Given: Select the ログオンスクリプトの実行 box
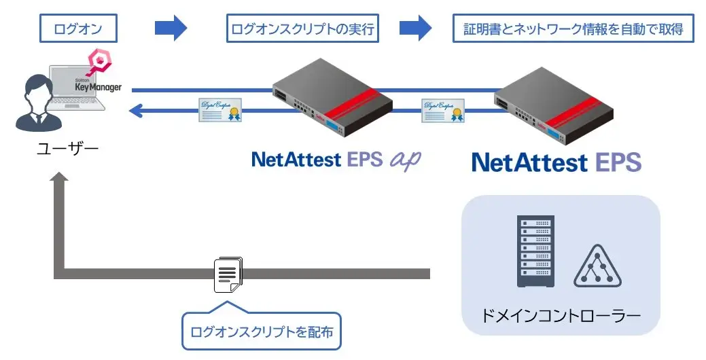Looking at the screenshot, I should tap(302, 29).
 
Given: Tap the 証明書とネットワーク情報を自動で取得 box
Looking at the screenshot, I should tap(573, 29).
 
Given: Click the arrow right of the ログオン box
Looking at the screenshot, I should tap(171, 29).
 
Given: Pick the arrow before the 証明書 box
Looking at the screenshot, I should tap(415, 29).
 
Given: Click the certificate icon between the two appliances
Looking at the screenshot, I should tap(442, 109).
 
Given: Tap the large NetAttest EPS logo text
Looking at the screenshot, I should tap(556, 162).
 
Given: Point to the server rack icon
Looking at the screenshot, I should tap(535, 251).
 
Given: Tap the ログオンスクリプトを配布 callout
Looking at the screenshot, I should tap(262, 331).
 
